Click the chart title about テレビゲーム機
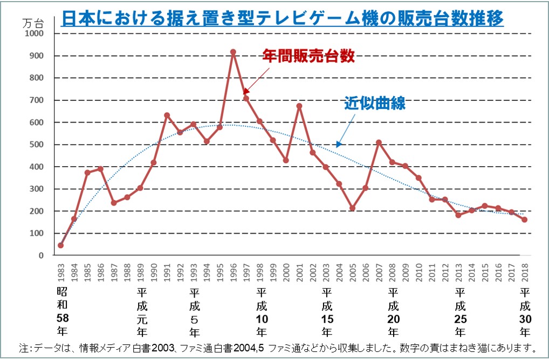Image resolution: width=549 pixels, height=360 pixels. [283, 19]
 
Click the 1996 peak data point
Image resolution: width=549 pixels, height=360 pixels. [233, 52]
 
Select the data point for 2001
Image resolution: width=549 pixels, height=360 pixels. [299, 106]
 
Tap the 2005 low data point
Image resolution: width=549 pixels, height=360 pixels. [352, 208]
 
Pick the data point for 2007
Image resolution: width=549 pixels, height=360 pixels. [379, 142]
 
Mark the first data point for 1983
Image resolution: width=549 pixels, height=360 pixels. [60, 246]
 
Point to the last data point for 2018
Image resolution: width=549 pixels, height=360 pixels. [525, 220]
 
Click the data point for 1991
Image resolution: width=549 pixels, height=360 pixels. [167, 115]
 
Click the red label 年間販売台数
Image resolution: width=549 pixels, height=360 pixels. [308, 56]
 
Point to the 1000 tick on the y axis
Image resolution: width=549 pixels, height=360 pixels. [35, 33]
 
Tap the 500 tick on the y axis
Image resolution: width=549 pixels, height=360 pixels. [37, 144]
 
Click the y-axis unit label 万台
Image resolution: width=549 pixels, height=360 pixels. [33, 23]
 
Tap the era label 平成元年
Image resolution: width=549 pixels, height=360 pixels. [142, 311]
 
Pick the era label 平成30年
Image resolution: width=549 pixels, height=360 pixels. [525, 311]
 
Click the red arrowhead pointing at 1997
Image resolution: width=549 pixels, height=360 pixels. [245, 92]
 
